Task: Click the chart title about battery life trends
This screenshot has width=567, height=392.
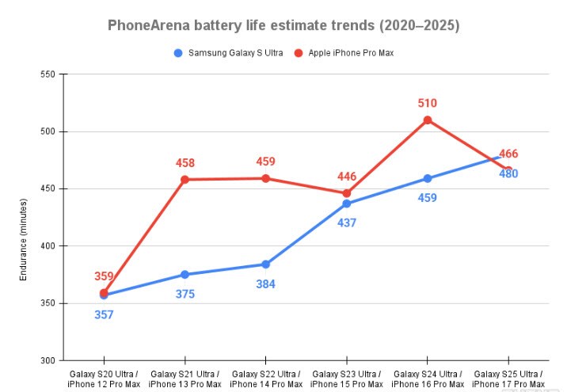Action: [283, 25]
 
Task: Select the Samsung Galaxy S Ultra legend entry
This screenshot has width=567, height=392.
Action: [229, 53]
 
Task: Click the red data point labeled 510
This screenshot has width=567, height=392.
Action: [428, 120]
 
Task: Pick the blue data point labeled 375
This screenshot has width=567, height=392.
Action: [185, 275]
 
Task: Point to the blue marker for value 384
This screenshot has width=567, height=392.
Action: [266, 265]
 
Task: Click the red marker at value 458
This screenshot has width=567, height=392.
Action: [185, 180]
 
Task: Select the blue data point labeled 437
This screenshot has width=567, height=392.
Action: [347, 204]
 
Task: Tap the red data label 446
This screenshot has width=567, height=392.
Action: [347, 177]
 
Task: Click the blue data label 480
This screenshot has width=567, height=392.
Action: [508, 173]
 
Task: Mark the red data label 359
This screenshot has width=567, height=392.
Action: [104, 276]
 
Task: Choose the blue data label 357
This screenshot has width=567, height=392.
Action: [104, 314]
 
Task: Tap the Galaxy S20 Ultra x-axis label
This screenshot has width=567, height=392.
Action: [104, 378]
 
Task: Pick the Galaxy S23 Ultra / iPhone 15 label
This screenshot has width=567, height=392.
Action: [347, 378]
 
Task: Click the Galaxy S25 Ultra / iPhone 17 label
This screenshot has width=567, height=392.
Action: [508, 378]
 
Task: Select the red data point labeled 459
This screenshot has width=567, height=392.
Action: [266, 178]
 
